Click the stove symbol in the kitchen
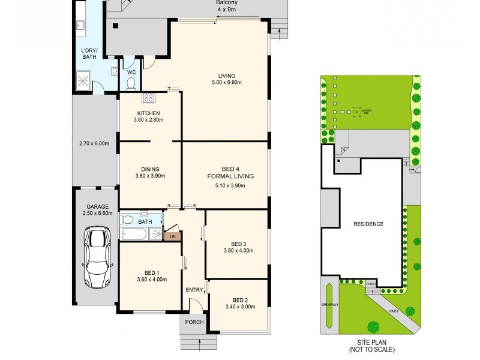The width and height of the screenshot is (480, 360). [x=149, y=98]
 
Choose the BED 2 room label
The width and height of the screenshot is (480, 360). [x=239, y=300]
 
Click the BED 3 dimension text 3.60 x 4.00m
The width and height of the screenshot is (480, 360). [x=238, y=250]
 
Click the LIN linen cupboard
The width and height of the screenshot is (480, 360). [x=172, y=236]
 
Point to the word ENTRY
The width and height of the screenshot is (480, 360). [x=194, y=290]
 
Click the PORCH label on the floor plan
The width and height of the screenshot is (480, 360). [x=194, y=322]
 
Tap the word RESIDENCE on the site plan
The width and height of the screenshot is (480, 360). [x=368, y=224]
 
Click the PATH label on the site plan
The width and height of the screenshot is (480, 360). [x=393, y=311]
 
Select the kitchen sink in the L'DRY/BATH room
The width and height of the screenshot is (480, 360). [x=79, y=25]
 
